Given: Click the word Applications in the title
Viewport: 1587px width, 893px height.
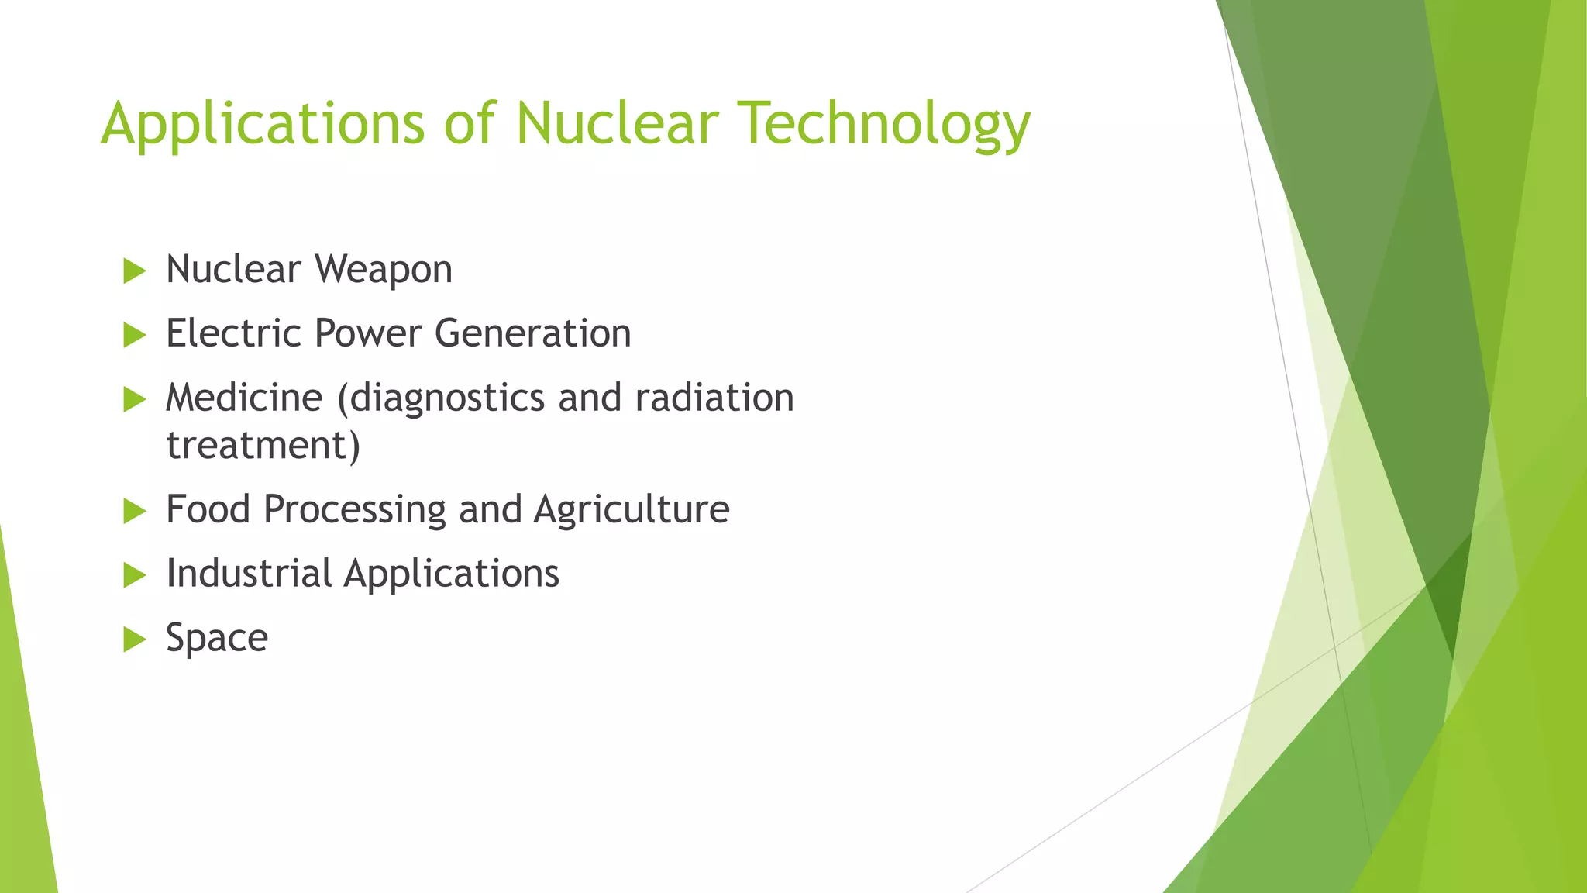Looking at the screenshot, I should point(263,124).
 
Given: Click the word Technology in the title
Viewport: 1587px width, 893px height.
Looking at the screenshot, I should point(884,124).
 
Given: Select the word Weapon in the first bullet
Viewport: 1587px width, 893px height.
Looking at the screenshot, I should point(383,271).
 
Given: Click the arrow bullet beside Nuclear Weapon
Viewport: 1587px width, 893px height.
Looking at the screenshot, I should point(135,271).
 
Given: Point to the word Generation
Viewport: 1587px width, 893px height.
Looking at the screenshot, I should point(532,333).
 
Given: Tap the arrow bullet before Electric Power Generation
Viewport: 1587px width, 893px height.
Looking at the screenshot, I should point(135,336).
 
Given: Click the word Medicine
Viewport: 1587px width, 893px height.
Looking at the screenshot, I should point(244,398).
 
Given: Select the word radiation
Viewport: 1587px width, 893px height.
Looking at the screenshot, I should point(714,398).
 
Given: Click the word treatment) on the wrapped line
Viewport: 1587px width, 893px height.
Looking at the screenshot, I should point(263,446).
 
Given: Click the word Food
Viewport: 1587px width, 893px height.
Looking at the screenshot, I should point(208,509).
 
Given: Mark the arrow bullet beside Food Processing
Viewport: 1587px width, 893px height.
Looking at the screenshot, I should point(135,511).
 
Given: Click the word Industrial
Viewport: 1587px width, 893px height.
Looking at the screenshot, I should point(249,574).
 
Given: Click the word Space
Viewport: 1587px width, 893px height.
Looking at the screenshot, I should point(217,639).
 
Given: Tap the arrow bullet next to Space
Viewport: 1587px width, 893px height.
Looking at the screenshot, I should point(135,640).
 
